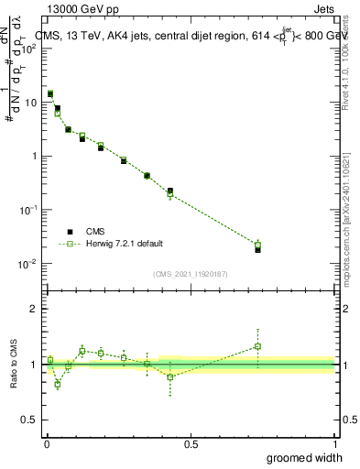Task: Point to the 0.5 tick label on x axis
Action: (191, 442)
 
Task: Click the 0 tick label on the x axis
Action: (46, 442)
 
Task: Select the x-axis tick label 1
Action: (334, 442)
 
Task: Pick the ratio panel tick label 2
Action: (34, 309)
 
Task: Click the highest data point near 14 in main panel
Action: (50, 93)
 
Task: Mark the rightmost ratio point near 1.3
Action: (257, 346)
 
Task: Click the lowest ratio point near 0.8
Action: (57, 384)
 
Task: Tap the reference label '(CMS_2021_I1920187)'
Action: (191, 273)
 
